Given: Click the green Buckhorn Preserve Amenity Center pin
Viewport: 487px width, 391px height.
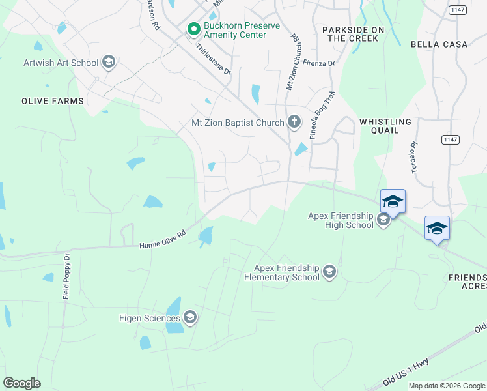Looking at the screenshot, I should [193, 29].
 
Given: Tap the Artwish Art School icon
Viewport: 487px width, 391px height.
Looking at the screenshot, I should [108, 63].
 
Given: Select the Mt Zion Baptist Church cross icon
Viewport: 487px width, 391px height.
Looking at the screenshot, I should [294, 122].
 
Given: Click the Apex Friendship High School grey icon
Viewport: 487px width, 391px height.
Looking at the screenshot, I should [383, 220].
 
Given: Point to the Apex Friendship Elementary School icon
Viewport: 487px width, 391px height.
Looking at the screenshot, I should [329, 272].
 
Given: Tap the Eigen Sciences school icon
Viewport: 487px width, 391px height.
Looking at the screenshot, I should [190, 318].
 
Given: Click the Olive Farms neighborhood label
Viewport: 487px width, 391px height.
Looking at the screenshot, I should [53, 101].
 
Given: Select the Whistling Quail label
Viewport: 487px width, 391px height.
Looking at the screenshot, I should [385, 126].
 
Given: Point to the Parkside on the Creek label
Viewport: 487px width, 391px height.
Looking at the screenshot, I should [352, 35].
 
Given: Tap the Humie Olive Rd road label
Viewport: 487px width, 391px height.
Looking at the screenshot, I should [163, 241].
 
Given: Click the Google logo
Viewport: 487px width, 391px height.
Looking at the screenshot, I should [21, 383].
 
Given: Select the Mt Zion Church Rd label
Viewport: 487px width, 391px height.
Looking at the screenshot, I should [294, 62].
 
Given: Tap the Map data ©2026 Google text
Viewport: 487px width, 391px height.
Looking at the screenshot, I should [447, 386].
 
